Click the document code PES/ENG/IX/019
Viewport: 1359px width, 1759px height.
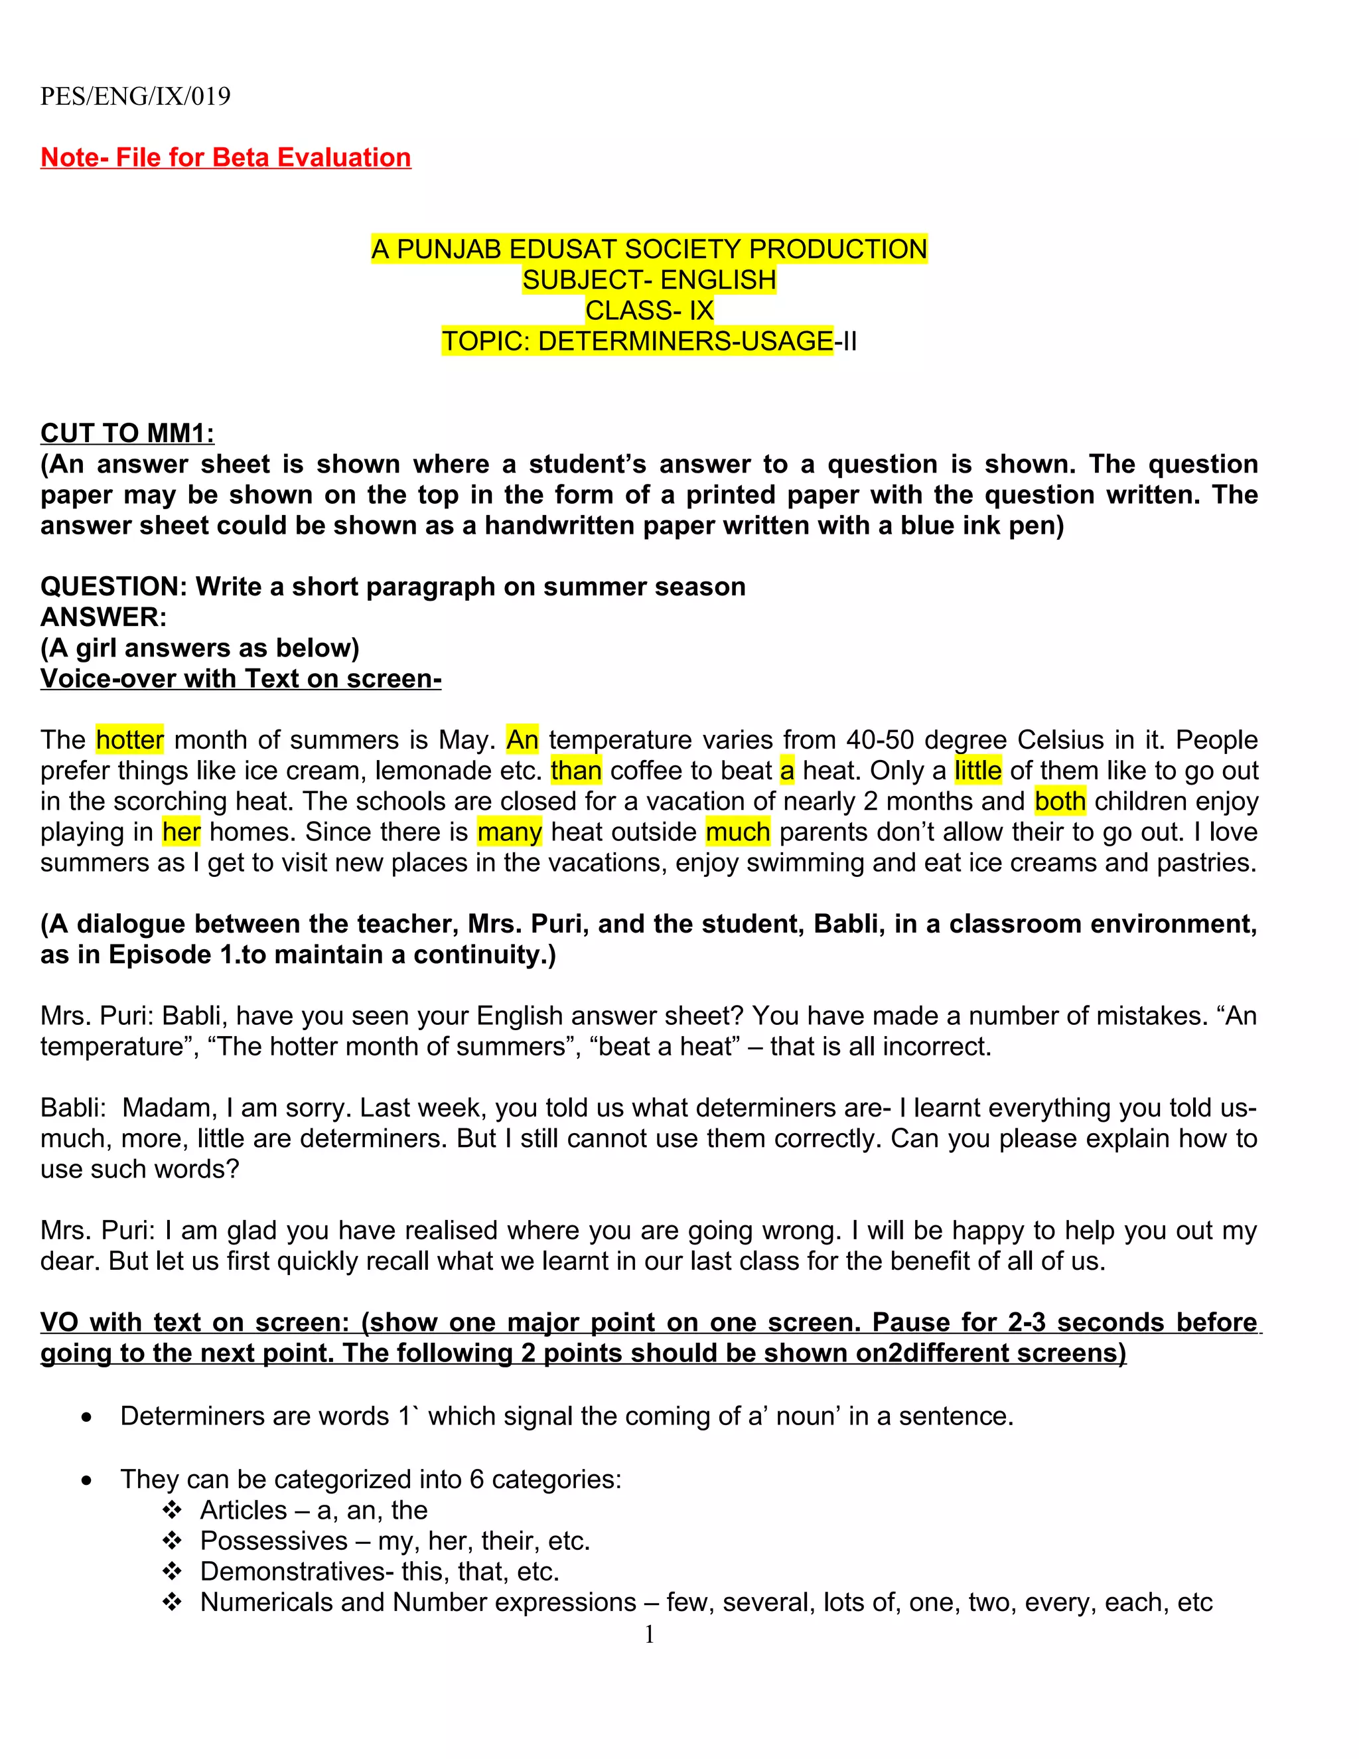[x=135, y=97]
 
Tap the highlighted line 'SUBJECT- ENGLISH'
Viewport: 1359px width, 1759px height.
[x=649, y=280]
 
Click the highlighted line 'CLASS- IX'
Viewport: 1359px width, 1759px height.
[x=649, y=311]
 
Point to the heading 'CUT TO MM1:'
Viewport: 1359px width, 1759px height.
[x=127, y=433]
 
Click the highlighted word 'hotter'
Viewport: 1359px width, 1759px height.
[x=129, y=739]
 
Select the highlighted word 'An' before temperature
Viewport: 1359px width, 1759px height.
[x=522, y=739]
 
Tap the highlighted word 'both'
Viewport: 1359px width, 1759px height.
[x=1060, y=801]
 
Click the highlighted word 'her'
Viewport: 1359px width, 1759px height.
[x=181, y=832]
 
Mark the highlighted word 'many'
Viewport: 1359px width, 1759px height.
[x=509, y=832]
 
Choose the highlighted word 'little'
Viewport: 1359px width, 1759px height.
[x=977, y=771]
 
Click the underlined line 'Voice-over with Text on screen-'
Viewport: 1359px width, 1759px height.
[x=241, y=679]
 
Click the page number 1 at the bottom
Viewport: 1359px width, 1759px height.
[x=649, y=1634]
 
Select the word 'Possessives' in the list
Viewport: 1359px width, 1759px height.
[x=274, y=1541]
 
